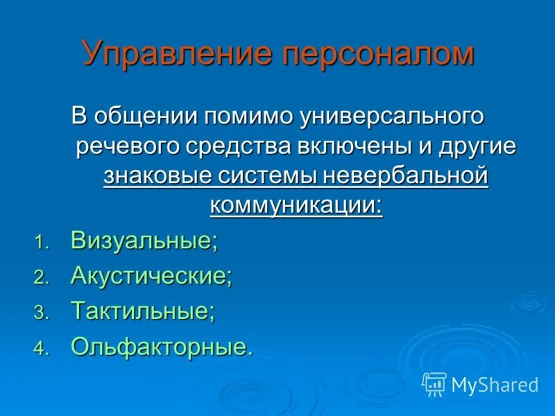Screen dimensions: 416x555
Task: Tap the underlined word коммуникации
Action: (296, 206)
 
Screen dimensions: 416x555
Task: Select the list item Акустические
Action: (151, 276)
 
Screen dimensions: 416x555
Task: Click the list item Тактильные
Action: (143, 311)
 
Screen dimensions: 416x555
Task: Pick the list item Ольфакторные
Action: (162, 346)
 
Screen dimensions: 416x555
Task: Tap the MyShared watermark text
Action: (495, 384)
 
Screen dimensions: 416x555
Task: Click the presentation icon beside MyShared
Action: (434, 383)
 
